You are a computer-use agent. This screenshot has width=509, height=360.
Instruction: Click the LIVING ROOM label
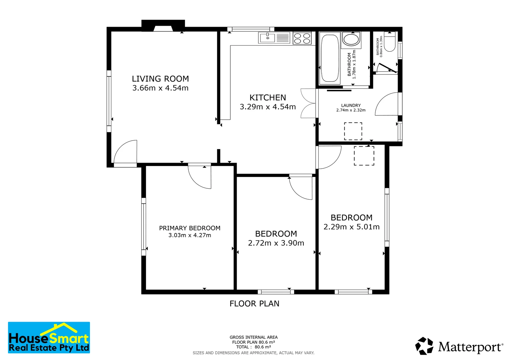point(160,79)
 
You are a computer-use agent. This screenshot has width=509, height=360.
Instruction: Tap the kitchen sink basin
point(267,38)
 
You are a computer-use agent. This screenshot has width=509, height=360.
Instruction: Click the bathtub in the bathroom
point(330,58)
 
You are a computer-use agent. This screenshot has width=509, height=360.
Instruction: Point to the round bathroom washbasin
point(351,39)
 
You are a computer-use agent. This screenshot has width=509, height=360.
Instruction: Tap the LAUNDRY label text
point(351,105)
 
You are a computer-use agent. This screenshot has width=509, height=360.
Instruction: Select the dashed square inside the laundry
point(353,131)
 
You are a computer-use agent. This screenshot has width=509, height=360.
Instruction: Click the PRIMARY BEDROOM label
point(190,228)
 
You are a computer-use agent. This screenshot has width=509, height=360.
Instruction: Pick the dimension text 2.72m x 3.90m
point(276,243)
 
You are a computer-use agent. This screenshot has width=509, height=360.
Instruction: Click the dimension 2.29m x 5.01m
point(352,227)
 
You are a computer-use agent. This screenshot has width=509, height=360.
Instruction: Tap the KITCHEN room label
point(268,98)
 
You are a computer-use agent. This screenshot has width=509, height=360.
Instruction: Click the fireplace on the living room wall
point(163,25)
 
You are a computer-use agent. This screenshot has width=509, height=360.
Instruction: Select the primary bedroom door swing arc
point(200,177)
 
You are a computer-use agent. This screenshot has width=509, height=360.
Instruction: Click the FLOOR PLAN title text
point(254,304)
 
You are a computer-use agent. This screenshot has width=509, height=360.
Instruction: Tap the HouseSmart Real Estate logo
point(49,337)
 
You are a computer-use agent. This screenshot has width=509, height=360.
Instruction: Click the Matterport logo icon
point(424,346)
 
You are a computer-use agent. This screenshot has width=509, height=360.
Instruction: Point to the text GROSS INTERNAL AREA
point(254,337)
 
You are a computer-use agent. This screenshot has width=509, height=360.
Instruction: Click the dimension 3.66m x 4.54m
point(160,88)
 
